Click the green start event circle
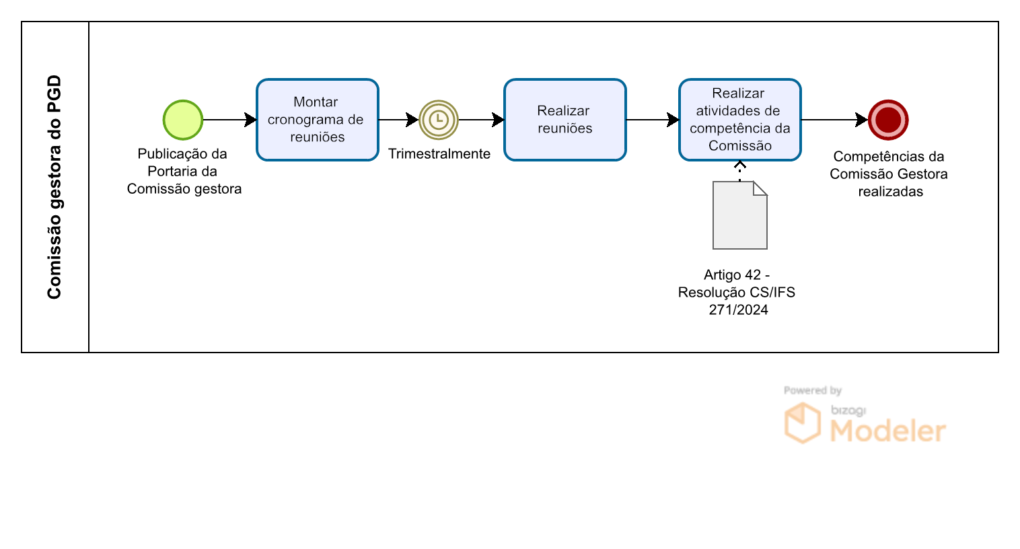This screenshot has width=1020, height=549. (x=183, y=120)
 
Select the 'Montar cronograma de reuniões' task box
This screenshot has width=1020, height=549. (x=318, y=120)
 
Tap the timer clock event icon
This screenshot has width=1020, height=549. (x=439, y=120)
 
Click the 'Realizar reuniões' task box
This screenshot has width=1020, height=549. (x=565, y=120)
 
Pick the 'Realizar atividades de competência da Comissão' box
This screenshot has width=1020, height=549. (x=740, y=120)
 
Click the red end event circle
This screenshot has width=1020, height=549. (x=888, y=120)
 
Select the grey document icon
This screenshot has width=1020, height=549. (x=740, y=215)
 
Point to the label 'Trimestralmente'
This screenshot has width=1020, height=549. (x=439, y=154)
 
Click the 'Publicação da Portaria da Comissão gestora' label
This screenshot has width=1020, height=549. (x=184, y=171)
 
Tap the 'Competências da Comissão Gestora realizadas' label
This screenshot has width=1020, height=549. (x=889, y=174)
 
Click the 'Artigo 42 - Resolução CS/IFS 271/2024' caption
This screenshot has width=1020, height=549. (x=737, y=292)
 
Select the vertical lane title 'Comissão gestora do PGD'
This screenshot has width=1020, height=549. (x=54, y=187)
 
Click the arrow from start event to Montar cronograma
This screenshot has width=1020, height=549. (x=230, y=120)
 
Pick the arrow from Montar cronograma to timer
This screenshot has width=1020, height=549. (x=399, y=120)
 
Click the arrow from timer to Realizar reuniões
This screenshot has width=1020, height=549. (x=482, y=120)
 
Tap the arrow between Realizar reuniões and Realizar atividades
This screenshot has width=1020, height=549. (x=653, y=120)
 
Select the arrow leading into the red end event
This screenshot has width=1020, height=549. (x=835, y=120)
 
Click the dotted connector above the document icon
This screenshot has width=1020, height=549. (x=740, y=171)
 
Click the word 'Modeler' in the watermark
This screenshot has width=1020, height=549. (x=888, y=431)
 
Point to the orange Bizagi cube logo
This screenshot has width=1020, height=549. (x=802, y=423)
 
